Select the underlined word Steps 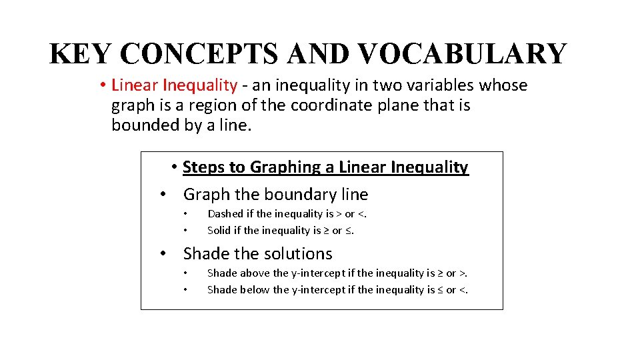click(x=204, y=167)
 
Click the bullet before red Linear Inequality click(x=103, y=86)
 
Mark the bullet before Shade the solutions click(x=163, y=254)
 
